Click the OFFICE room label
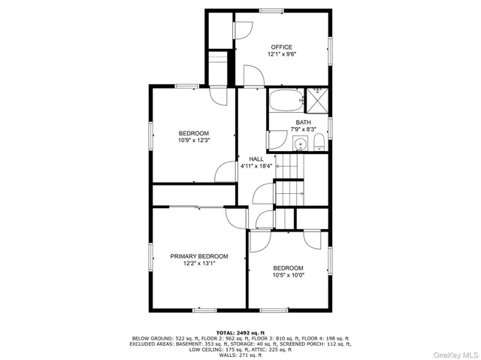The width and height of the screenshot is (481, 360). (282, 47)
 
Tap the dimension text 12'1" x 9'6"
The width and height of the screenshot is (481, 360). (282, 55)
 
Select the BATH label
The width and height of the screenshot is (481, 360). (303, 123)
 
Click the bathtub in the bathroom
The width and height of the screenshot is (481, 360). (284, 100)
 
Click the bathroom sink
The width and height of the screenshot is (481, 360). (301, 144)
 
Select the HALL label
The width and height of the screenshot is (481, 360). (256, 159)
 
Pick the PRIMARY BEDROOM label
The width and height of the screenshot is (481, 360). (198, 256)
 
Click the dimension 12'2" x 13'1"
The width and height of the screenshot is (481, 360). (198, 264)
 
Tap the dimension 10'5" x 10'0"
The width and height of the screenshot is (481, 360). (288, 276)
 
